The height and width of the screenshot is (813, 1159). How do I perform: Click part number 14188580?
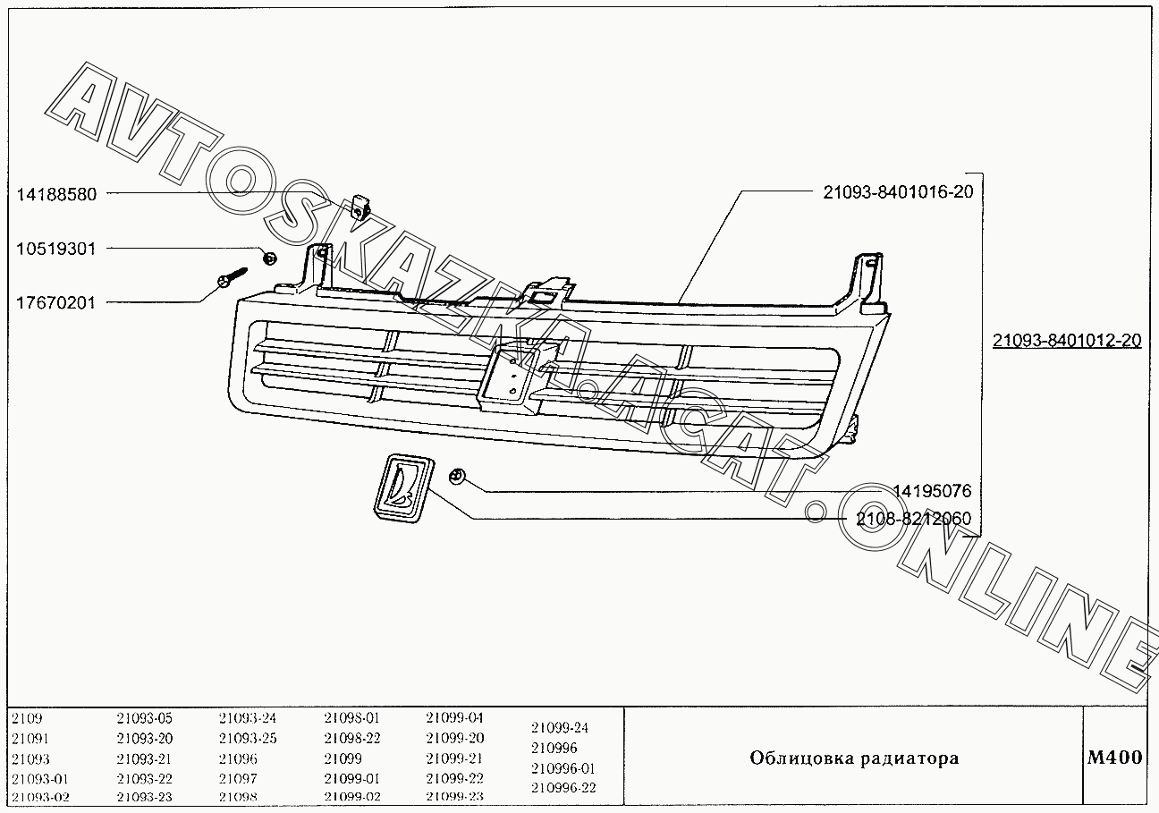[x=55, y=193]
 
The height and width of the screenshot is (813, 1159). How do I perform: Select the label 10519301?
[x=55, y=249]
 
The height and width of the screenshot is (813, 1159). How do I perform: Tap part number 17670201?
[x=55, y=303]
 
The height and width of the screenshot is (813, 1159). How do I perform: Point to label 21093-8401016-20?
[x=898, y=191]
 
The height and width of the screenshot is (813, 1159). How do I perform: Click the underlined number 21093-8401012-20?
[x=1067, y=341]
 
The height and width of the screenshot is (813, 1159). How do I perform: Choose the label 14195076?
[x=932, y=491]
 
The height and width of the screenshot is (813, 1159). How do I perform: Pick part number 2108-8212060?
[x=913, y=519]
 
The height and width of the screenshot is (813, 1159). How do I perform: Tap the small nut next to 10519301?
[x=268, y=258]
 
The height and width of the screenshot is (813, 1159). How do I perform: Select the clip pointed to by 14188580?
[x=360, y=207]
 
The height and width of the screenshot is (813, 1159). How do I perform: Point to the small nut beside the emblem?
[x=457, y=475]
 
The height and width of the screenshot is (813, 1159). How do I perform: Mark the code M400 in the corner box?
[x=1114, y=758]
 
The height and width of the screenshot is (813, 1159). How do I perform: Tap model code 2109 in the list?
[x=27, y=718]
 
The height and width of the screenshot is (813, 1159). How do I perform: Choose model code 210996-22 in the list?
[x=563, y=788]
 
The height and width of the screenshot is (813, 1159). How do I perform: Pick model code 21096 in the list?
[x=238, y=758]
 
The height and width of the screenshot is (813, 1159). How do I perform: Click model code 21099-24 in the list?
[x=560, y=728]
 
